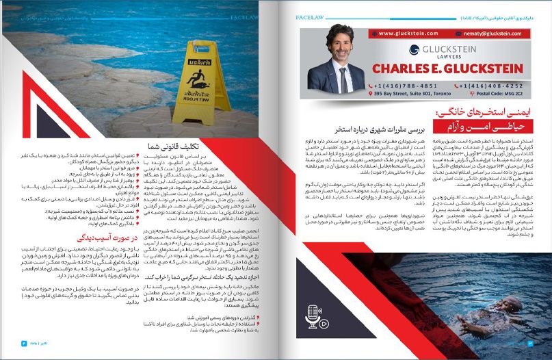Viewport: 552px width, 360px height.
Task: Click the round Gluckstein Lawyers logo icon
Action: coord(413,49)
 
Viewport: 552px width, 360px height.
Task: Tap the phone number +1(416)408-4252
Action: coord(490,86)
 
